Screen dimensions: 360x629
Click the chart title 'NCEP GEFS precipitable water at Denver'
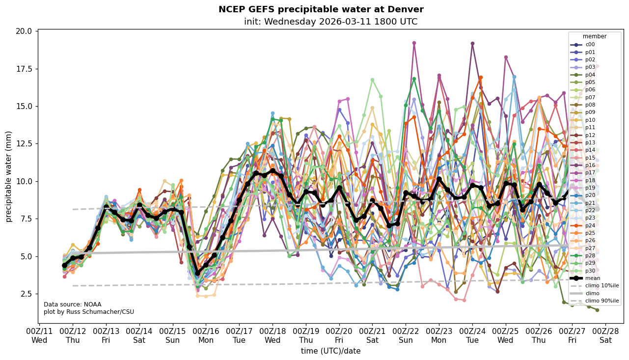coord(321,9)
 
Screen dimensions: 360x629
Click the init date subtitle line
coord(330,22)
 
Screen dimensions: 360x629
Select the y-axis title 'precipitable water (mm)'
coord(9,176)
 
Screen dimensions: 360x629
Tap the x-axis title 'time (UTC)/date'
coord(330,351)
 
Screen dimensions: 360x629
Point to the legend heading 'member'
coord(595,36)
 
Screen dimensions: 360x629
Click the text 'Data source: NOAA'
coord(73,305)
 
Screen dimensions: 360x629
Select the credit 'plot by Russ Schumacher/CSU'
coord(89,312)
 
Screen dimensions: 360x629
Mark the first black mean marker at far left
coord(64,265)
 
